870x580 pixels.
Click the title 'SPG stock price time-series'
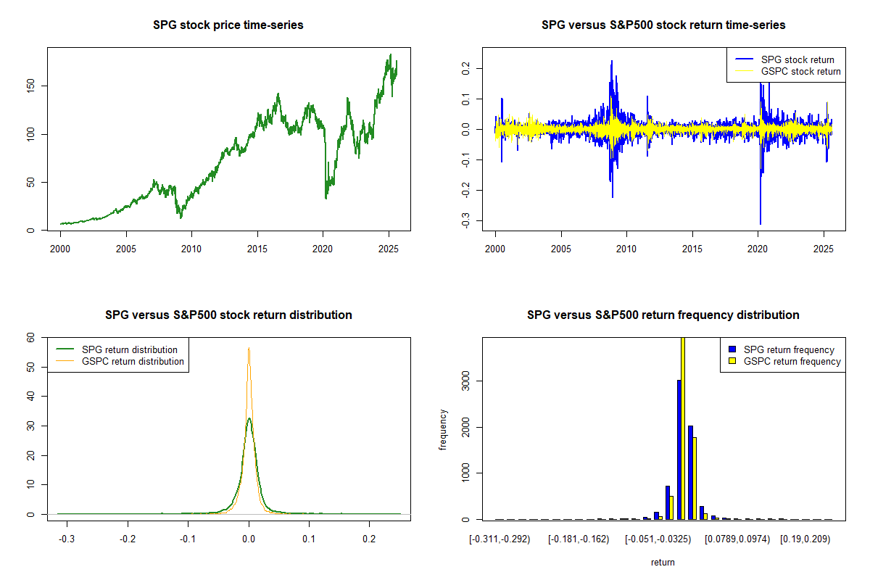coord(228,25)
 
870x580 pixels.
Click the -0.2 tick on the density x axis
coord(128,539)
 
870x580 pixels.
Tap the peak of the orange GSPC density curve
coord(249,349)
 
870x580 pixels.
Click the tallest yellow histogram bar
coord(682,428)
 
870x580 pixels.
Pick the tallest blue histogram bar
coord(679,449)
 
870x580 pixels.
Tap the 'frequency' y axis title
coord(443,428)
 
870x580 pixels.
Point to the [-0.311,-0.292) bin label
coord(500,539)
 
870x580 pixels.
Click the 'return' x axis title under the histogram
coord(663,562)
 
